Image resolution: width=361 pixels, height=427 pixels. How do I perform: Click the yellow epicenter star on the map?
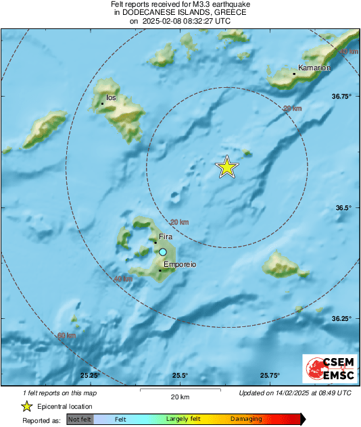(x=228, y=167)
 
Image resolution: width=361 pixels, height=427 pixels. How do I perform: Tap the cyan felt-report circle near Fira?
(x=162, y=252)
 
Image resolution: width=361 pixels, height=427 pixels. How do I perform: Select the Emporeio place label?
(x=180, y=265)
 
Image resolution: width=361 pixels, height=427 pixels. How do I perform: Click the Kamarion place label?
(x=316, y=68)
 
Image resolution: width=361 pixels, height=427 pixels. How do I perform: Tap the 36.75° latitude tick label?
(x=342, y=97)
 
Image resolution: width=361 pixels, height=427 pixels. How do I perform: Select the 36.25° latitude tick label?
(x=342, y=318)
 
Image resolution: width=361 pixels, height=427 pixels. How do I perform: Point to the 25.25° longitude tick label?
(x=90, y=376)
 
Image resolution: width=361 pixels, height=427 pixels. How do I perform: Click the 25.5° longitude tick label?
(x=180, y=376)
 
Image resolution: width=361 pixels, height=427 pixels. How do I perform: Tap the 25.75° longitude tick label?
(x=270, y=376)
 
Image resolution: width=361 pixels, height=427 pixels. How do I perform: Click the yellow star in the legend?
(x=26, y=407)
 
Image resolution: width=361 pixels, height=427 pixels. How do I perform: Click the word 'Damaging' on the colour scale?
(x=245, y=420)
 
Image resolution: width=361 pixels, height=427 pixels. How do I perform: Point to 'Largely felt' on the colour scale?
(x=182, y=420)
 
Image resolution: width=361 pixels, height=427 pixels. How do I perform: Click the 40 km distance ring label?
(x=123, y=278)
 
